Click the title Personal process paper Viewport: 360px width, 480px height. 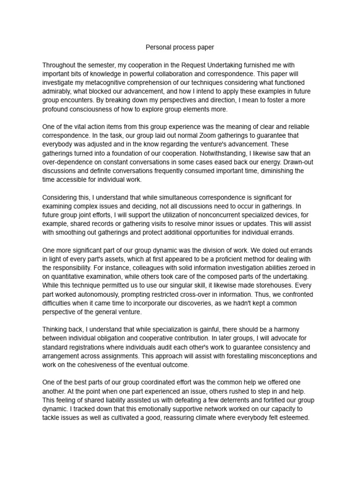[180, 47]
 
